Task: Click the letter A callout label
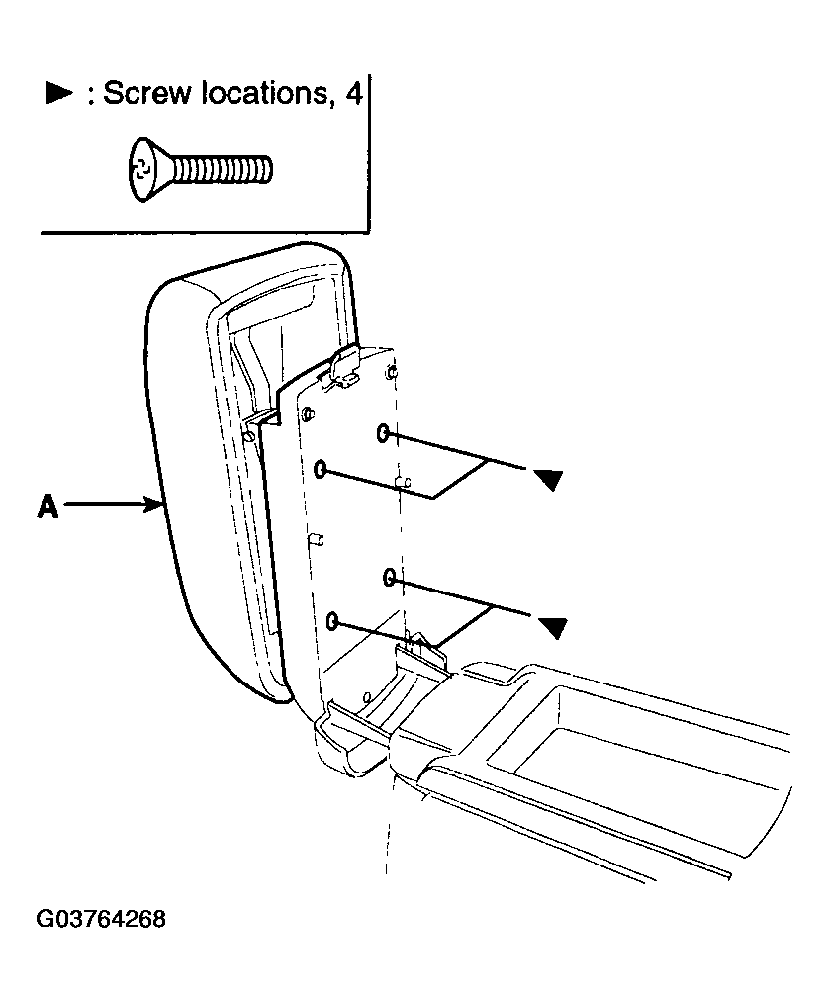coord(47,506)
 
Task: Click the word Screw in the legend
coord(147,93)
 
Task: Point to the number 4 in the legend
coord(353,93)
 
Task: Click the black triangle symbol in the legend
coord(58,93)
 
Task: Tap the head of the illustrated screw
coord(148,169)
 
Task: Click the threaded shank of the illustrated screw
coord(222,170)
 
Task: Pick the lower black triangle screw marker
coord(553,627)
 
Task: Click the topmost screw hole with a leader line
coord(383,433)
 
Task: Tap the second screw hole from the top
coord(321,470)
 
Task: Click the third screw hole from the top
coord(389,578)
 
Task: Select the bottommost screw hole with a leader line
coord(332,620)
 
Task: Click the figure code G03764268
coord(101,919)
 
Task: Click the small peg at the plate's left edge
coord(317,540)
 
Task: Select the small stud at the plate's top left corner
coord(308,413)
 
